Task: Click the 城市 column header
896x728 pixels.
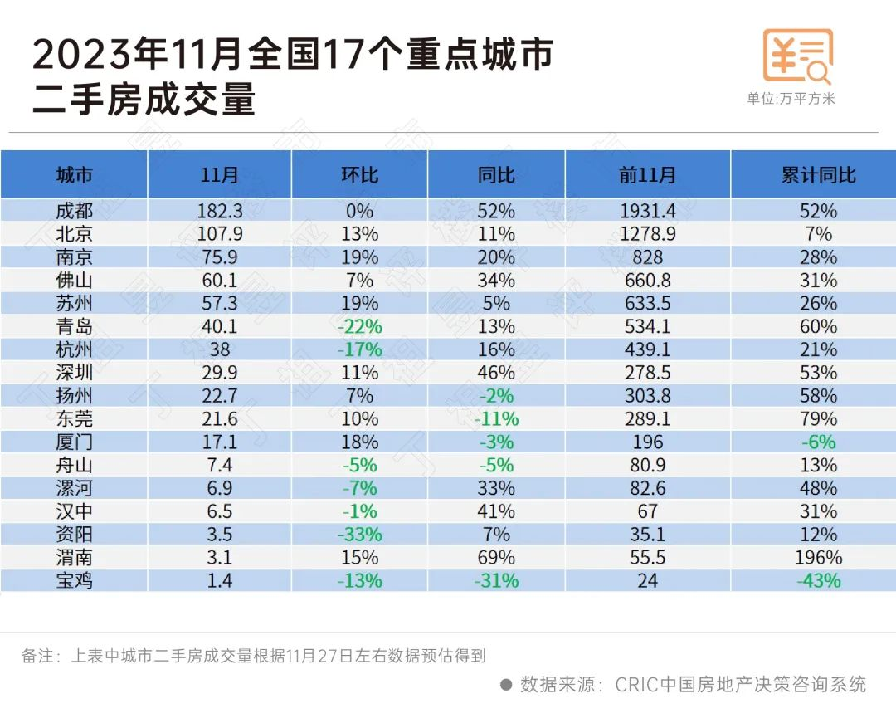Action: click(x=74, y=175)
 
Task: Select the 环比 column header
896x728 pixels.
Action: click(x=359, y=175)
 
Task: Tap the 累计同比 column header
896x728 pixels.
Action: click(x=818, y=175)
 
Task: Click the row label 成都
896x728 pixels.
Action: click(x=74, y=211)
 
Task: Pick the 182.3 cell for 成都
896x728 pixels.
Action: click(x=220, y=211)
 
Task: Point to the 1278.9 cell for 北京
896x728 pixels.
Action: click(x=647, y=234)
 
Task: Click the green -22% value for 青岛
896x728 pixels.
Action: click(x=359, y=327)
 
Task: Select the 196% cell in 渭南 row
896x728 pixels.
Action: click(x=818, y=558)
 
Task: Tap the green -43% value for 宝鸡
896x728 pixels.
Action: click(x=818, y=581)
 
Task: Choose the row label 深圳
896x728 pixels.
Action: click(x=74, y=373)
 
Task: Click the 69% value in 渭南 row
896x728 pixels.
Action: click(x=496, y=558)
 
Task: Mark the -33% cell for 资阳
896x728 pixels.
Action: click(x=359, y=535)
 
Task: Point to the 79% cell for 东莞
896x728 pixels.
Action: click(x=818, y=419)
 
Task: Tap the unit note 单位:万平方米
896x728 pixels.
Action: click(x=791, y=98)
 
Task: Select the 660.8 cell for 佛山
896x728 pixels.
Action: click(x=647, y=281)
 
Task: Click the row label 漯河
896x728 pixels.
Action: click(x=74, y=488)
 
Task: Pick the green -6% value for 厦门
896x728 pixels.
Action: click(x=818, y=442)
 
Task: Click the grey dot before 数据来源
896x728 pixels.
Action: click(x=506, y=685)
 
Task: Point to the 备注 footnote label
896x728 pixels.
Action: click(x=38, y=656)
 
